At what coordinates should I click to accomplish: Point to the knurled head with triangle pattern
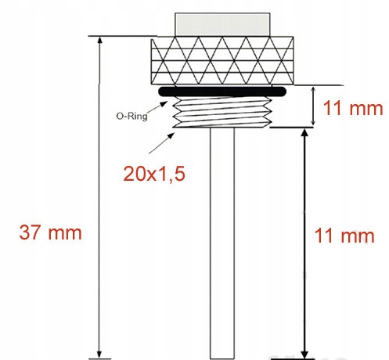click(x=221, y=62)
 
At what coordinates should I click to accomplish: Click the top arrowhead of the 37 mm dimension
click(x=99, y=41)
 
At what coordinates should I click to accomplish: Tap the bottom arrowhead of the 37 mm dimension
click(x=99, y=353)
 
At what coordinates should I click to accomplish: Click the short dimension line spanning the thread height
click(x=312, y=107)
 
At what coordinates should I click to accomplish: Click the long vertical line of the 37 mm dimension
click(x=99, y=196)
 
